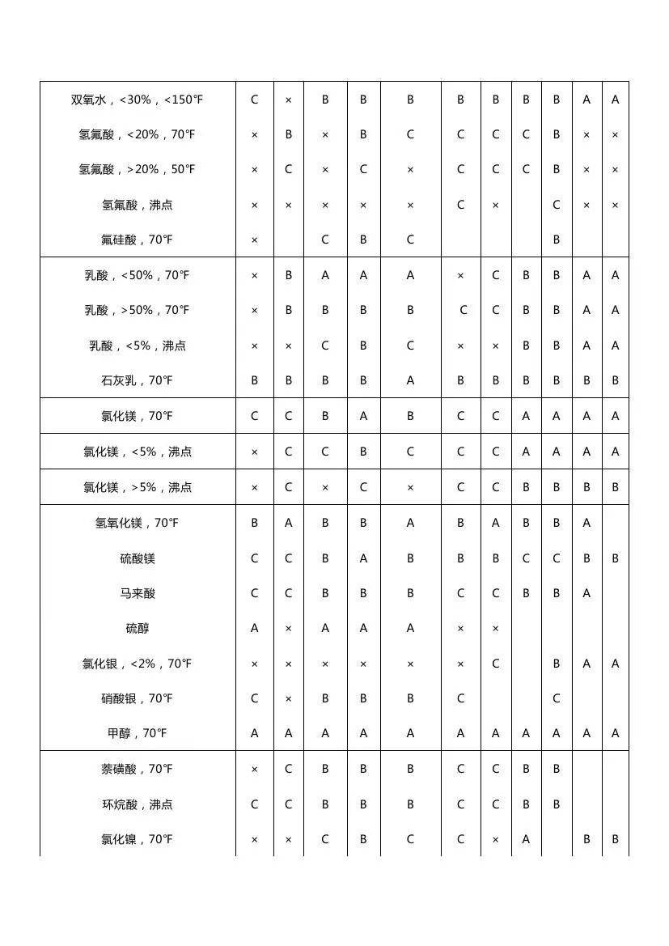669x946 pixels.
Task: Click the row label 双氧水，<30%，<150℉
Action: click(x=137, y=100)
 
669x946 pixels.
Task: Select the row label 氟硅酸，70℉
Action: click(x=137, y=240)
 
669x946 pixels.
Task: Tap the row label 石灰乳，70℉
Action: click(x=137, y=380)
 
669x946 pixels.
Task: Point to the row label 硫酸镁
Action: click(x=137, y=558)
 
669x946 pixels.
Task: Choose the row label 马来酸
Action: click(x=137, y=593)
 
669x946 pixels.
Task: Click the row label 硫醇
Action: click(x=137, y=628)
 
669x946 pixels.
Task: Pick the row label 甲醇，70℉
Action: click(x=137, y=733)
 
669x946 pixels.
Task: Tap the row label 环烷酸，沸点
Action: click(x=137, y=804)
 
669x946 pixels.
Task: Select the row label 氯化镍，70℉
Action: click(x=137, y=839)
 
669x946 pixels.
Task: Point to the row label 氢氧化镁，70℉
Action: click(x=137, y=523)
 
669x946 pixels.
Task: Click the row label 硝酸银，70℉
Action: click(x=137, y=698)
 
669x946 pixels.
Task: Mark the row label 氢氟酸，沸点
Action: click(x=137, y=205)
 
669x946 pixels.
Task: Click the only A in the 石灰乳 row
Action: click(x=410, y=380)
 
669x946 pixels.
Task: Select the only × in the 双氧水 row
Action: click(x=288, y=100)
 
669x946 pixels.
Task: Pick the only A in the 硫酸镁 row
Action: click(x=363, y=558)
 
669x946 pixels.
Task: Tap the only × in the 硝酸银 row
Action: click(x=288, y=698)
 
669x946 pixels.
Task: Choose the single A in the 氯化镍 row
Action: click(x=526, y=839)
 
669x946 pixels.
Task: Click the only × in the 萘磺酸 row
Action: click(x=254, y=769)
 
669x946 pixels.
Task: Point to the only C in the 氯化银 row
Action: click(x=495, y=664)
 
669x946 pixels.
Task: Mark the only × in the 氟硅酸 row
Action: click(x=254, y=240)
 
